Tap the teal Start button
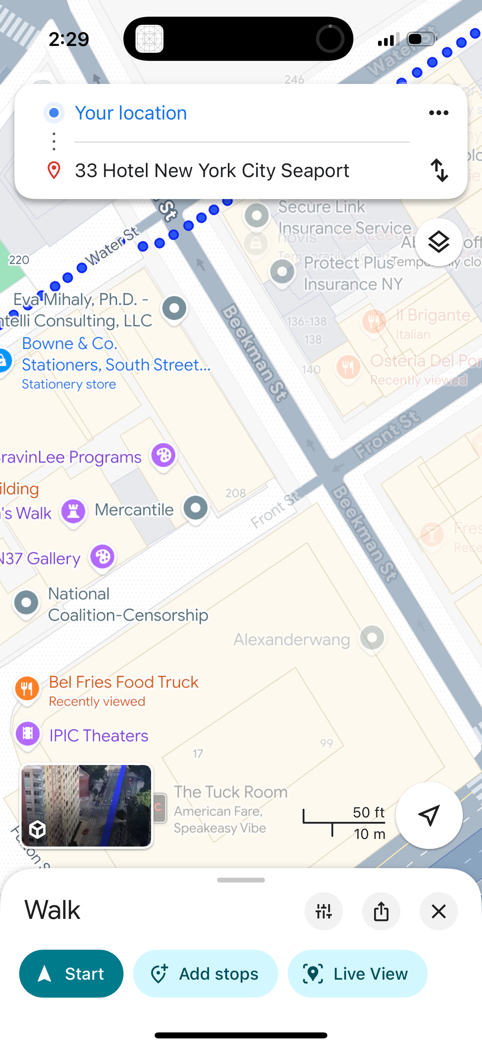point(71,974)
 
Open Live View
point(357,974)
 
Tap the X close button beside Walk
point(438,911)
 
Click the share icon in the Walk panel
point(381,911)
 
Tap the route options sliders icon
point(323,911)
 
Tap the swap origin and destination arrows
point(439,170)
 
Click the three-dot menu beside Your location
point(438,113)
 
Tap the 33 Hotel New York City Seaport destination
point(212,170)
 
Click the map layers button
point(438,243)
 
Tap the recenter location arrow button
point(429,815)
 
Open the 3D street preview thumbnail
point(86,805)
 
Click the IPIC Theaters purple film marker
point(28,733)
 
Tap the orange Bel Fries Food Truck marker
point(27,688)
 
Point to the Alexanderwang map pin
point(372,638)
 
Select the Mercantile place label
point(134,509)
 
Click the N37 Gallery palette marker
point(102,556)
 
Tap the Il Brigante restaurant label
point(433,315)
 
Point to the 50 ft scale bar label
point(368,812)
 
